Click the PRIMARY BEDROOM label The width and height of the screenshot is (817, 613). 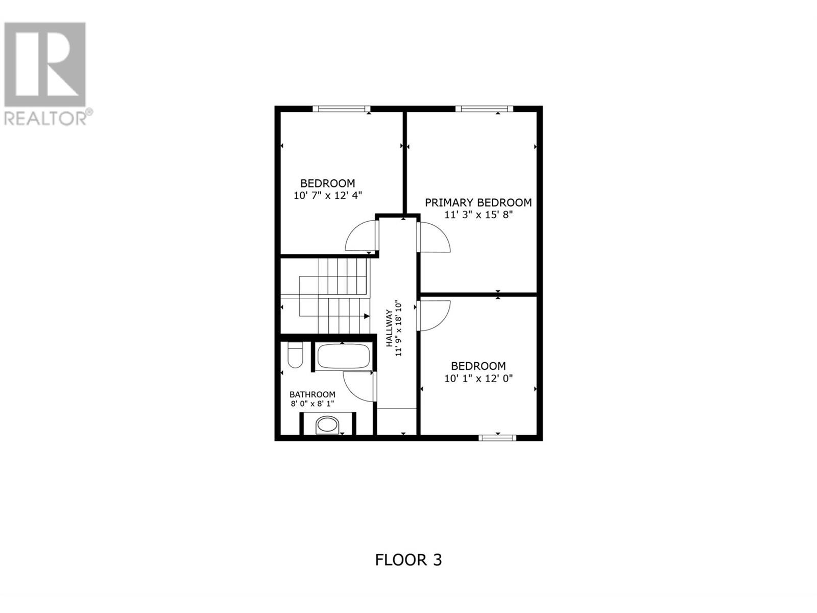click(x=478, y=202)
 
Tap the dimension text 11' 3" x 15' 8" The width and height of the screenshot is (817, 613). click(x=478, y=215)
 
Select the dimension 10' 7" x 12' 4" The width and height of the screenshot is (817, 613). click(x=327, y=196)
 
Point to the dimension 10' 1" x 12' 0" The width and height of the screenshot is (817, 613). click(x=478, y=379)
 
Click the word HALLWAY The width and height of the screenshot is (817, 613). click(x=389, y=328)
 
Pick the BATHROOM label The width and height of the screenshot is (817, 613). click(x=313, y=394)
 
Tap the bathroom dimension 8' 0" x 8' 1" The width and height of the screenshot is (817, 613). click(x=313, y=404)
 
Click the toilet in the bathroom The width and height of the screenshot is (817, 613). click(x=295, y=355)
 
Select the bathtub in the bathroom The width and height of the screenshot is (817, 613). click(x=343, y=356)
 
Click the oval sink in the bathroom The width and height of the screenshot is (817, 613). click(x=327, y=425)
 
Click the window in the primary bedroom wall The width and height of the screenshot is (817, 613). click(x=484, y=109)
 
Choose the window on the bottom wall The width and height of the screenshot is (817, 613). click(x=497, y=438)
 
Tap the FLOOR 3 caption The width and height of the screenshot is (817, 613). click(x=408, y=570)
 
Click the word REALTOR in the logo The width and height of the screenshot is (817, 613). click(x=44, y=119)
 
